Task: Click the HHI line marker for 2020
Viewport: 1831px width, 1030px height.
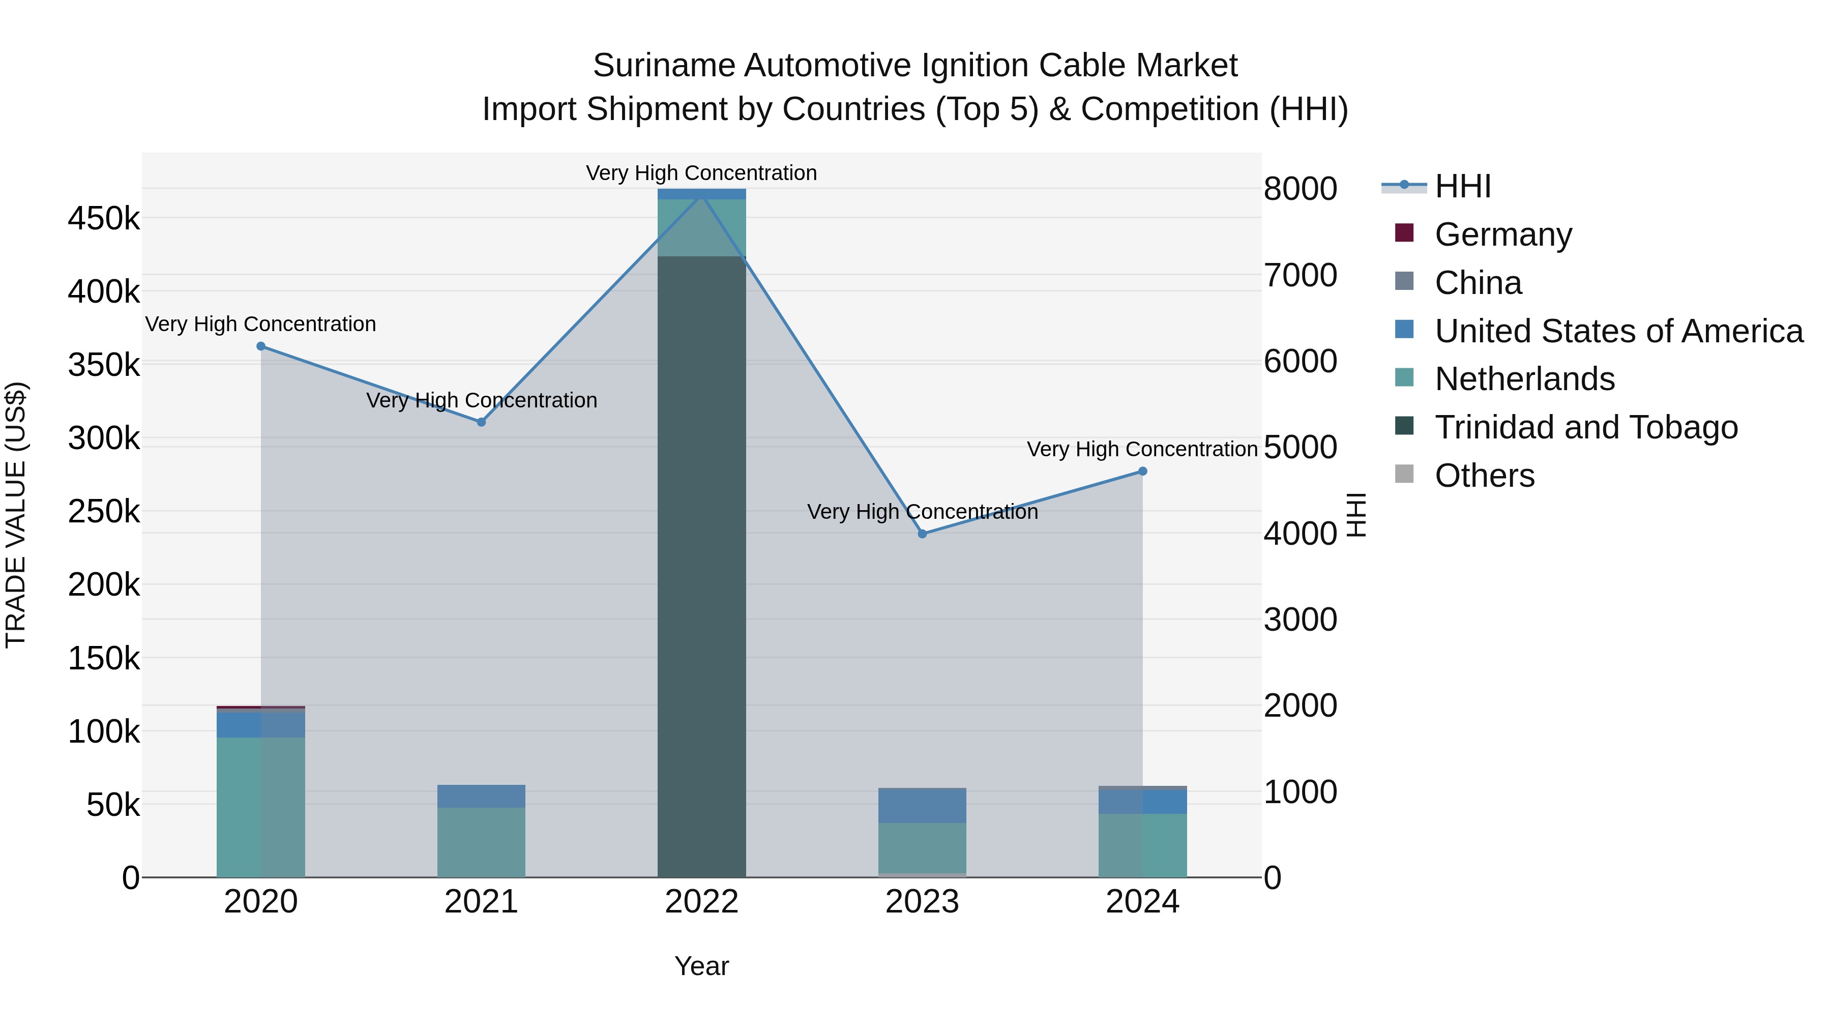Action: pyautogui.click(x=261, y=346)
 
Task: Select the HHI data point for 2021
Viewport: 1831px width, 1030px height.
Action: pyautogui.click(x=481, y=422)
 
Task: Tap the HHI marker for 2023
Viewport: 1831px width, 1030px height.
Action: pyautogui.click(x=922, y=534)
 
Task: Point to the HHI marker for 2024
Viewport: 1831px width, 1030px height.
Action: pyautogui.click(x=1142, y=472)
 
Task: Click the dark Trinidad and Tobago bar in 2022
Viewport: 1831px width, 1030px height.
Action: pyautogui.click(x=701, y=569)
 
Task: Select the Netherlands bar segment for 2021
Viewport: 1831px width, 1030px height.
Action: pyautogui.click(x=481, y=842)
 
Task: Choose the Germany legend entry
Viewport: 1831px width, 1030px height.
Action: pyautogui.click(x=1502, y=234)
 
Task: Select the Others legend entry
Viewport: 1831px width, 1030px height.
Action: pyautogui.click(x=1484, y=476)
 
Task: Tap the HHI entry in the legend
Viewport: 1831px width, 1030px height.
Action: pyautogui.click(x=1462, y=186)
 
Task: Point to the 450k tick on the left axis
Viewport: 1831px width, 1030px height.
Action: pyautogui.click(x=104, y=218)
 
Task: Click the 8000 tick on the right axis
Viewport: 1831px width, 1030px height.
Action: pyautogui.click(x=1300, y=189)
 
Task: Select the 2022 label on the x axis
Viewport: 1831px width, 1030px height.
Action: pyautogui.click(x=701, y=902)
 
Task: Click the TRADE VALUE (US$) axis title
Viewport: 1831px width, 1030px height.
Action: pyautogui.click(x=16, y=515)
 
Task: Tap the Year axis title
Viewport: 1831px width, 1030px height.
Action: pyautogui.click(x=701, y=966)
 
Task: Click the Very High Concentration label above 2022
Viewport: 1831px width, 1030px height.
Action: pyautogui.click(x=701, y=173)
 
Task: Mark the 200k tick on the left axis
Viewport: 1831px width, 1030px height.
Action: pyautogui.click(x=104, y=585)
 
